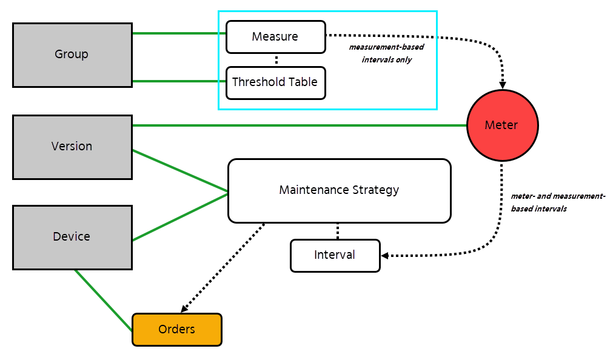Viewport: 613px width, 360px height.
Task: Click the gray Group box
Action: tap(72, 55)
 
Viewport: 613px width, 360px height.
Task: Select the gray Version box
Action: tap(72, 147)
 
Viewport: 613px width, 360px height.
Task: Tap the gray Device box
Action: tap(72, 237)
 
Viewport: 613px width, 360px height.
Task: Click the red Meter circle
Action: tap(502, 125)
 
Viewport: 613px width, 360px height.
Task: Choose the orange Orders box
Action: tap(177, 330)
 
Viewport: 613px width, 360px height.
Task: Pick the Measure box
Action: tap(275, 37)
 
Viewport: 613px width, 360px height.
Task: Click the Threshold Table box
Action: tap(275, 82)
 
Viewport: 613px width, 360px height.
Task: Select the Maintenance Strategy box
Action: tap(339, 190)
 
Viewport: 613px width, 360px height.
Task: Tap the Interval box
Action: tap(335, 255)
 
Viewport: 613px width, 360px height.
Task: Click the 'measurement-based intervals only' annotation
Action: tap(386, 53)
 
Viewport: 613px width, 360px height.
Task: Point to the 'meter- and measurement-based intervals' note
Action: tap(558, 202)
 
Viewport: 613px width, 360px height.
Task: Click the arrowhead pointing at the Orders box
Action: tap(184, 308)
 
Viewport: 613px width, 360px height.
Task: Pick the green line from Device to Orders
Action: tap(103, 300)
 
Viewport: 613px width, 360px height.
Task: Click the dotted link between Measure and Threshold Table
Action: tap(276, 60)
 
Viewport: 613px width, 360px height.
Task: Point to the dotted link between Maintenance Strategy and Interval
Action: tap(337, 231)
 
